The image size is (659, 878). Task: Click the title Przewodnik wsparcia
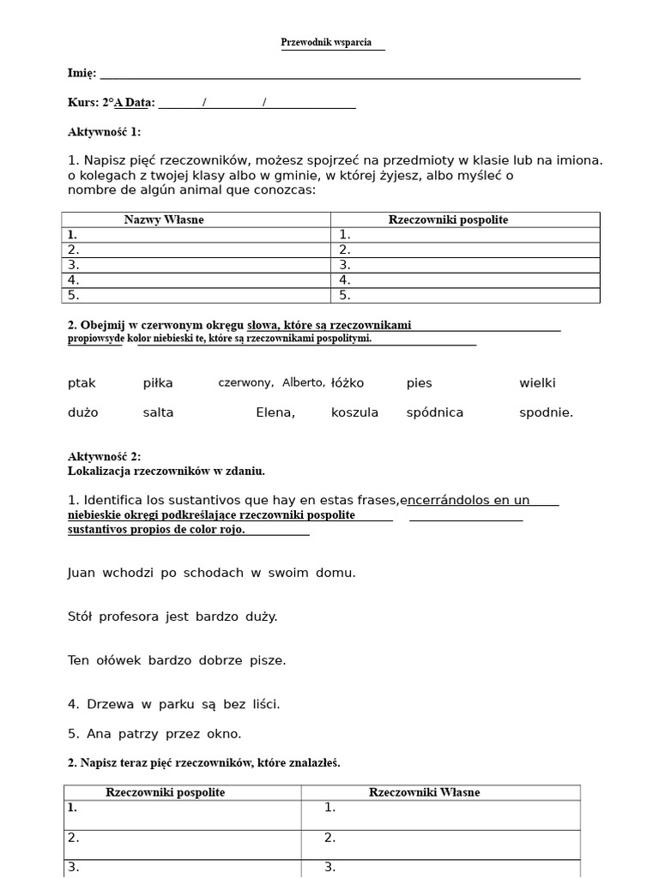[x=326, y=42]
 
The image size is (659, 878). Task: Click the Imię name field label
[x=82, y=73]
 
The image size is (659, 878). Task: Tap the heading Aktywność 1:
[x=104, y=132]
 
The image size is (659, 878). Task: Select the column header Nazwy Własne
[x=164, y=219]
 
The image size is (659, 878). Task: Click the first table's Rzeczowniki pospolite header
[x=448, y=219]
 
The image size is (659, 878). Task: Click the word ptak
[x=82, y=383]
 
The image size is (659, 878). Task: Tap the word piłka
[x=158, y=383]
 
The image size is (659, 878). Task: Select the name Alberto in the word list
[x=304, y=382]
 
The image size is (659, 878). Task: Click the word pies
[x=420, y=383]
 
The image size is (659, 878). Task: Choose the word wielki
[x=537, y=383]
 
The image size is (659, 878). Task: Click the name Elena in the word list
[x=275, y=412]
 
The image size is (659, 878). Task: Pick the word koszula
[x=354, y=412]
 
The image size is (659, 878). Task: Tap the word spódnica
[x=434, y=412]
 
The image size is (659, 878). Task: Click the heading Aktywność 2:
[x=104, y=457]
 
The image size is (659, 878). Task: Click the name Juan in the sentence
[x=82, y=573]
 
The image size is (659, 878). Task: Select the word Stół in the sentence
[x=80, y=616]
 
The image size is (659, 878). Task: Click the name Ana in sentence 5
[x=99, y=734]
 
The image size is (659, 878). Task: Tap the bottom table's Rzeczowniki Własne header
[x=424, y=792]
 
